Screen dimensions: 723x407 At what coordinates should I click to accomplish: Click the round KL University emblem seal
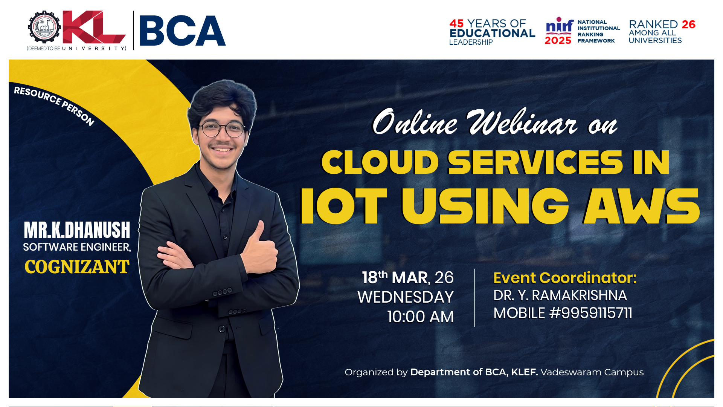click(44, 27)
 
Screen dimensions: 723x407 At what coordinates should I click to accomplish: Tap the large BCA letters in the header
click(183, 31)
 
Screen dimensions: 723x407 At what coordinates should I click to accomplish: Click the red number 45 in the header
click(457, 23)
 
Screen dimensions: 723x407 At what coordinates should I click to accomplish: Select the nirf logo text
click(560, 26)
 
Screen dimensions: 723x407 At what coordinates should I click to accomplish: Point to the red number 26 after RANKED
click(689, 24)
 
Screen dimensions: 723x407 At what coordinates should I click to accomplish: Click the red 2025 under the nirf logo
click(558, 40)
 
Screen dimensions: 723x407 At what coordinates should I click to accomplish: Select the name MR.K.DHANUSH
click(77, 230)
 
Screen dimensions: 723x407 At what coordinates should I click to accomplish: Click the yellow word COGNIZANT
click(77, 267)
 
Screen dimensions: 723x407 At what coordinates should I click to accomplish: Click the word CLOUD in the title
click(380, 162)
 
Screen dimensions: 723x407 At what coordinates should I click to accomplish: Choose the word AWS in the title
click(642, 206)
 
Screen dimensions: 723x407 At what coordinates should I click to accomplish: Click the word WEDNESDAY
click(406, 297)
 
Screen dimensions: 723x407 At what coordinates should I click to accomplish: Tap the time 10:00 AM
click(421, 317)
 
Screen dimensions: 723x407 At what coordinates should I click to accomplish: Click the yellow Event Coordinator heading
click(565, 278)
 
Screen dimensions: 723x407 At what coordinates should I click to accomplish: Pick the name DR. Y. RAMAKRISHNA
click(560, 295)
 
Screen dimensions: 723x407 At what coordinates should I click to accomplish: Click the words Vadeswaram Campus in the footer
click(592, 372)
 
